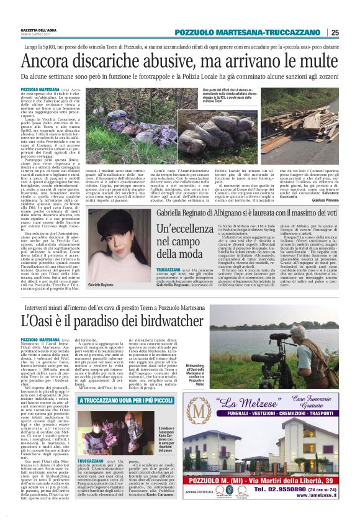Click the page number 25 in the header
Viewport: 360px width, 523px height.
point(335,32)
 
